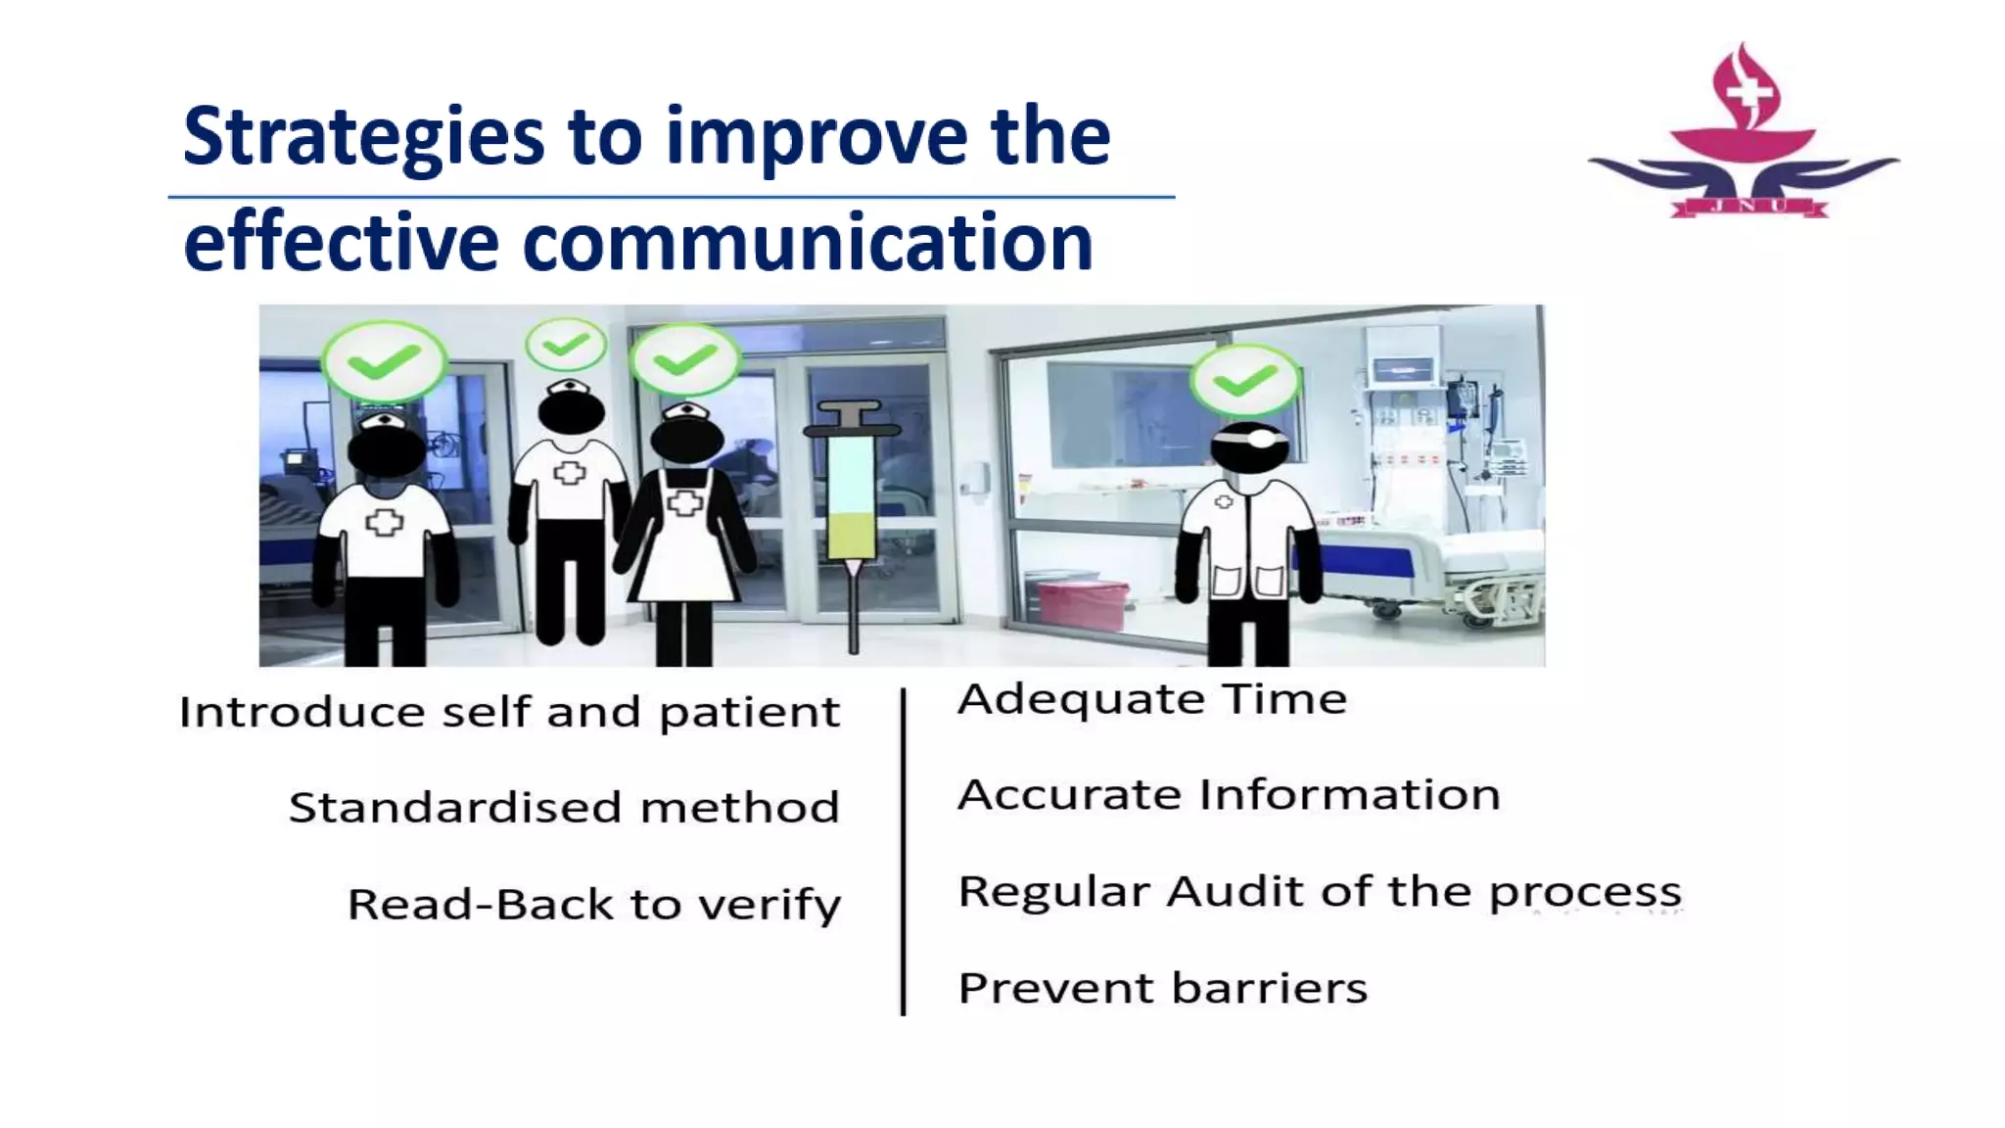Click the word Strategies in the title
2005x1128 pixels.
[x=362, y=137]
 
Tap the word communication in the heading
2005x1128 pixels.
[x=808, y=243]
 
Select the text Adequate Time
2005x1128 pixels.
[x=1151, y=700]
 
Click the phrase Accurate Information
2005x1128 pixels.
[x=1228, y=795]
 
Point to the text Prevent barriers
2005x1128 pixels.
[x=1162, y=988]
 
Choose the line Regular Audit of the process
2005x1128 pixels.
[x=1319, y=892]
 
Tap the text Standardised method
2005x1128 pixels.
[x=564, y=808]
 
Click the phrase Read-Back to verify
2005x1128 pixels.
[x=593, y=904]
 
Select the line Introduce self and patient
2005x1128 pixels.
[x=509, y=712]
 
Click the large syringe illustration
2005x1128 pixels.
[x=852, y=509]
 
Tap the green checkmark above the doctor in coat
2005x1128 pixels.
[x=1244, y=381]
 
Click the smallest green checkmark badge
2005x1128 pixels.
[x=566, y=345]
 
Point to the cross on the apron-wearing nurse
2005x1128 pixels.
[x=684, y=503]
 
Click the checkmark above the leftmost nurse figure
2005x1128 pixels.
[x=384, y=362]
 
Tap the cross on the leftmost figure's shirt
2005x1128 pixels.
[x=384, y=522]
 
